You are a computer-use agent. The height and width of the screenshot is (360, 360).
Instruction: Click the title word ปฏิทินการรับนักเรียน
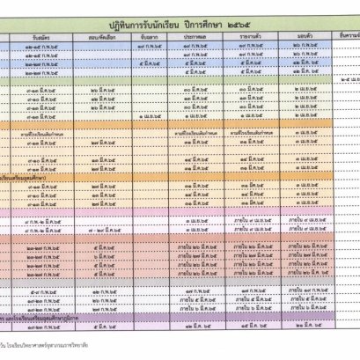(x=150, y=19)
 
